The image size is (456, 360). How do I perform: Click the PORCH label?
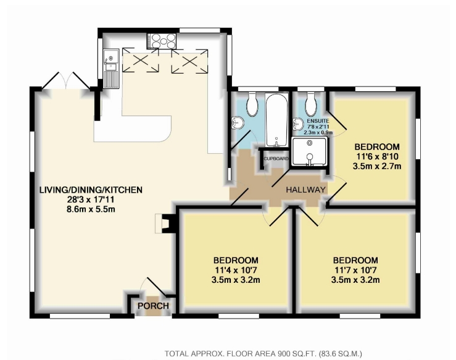point(153,306)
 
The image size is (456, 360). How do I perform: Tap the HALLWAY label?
point(305,190)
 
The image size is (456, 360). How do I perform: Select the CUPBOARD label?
point(276,159)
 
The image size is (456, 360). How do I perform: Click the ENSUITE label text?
point(318,121)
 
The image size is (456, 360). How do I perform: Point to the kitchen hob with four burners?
point(162,41)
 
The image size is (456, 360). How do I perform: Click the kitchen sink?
point(111,69)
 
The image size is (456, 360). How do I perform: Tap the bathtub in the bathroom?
point(276,120)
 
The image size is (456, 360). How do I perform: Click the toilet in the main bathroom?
point(252,104)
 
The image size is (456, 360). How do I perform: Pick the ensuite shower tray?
point(309,152)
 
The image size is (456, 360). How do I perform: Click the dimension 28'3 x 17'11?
point(91,199)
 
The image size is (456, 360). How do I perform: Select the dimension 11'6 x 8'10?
point(377,157)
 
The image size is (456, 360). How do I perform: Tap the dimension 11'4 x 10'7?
point(236,270)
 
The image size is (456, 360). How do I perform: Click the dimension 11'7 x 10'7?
point(355,270)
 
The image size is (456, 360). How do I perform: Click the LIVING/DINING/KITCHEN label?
point(91,190)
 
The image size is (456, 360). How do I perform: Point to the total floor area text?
point(263,354)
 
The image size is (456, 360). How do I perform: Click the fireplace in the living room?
point(165,223)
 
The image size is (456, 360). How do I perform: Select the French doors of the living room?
point(66,81)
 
